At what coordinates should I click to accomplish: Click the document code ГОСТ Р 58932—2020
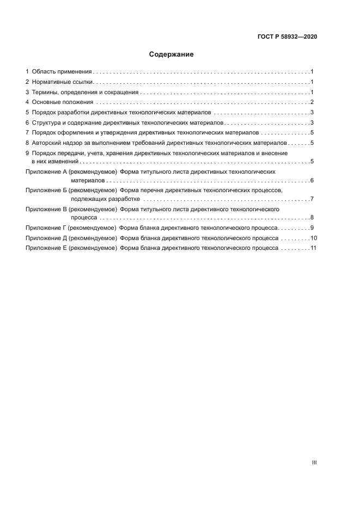pyautogui.click(x=287, y=36)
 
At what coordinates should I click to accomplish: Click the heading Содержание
pyautogui.click(x=172, y=54)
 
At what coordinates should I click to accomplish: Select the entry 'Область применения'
pyautogui.click(x=62, y=71)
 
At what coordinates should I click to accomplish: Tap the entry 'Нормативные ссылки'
pyautogui.click(x=63, y=82)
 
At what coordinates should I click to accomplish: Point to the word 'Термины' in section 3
pyautogui.click(x=45, y=92)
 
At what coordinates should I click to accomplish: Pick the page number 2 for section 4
pyautogui.click(x=311, y=102)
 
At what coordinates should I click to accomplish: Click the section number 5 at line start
pyautogui.click(x=27, y=112)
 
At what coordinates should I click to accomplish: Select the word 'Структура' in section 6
pyautogui.click(x=47, y=122)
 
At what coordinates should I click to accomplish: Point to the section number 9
pyautogui.click(x=27, y=154)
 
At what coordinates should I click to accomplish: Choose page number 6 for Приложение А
pyautogui.click(x=311, y=180)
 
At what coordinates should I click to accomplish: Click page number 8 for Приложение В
pyautogui.click(x=311, y=217)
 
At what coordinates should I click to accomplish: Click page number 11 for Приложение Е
pyautogui.click(x=313, y=248)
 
